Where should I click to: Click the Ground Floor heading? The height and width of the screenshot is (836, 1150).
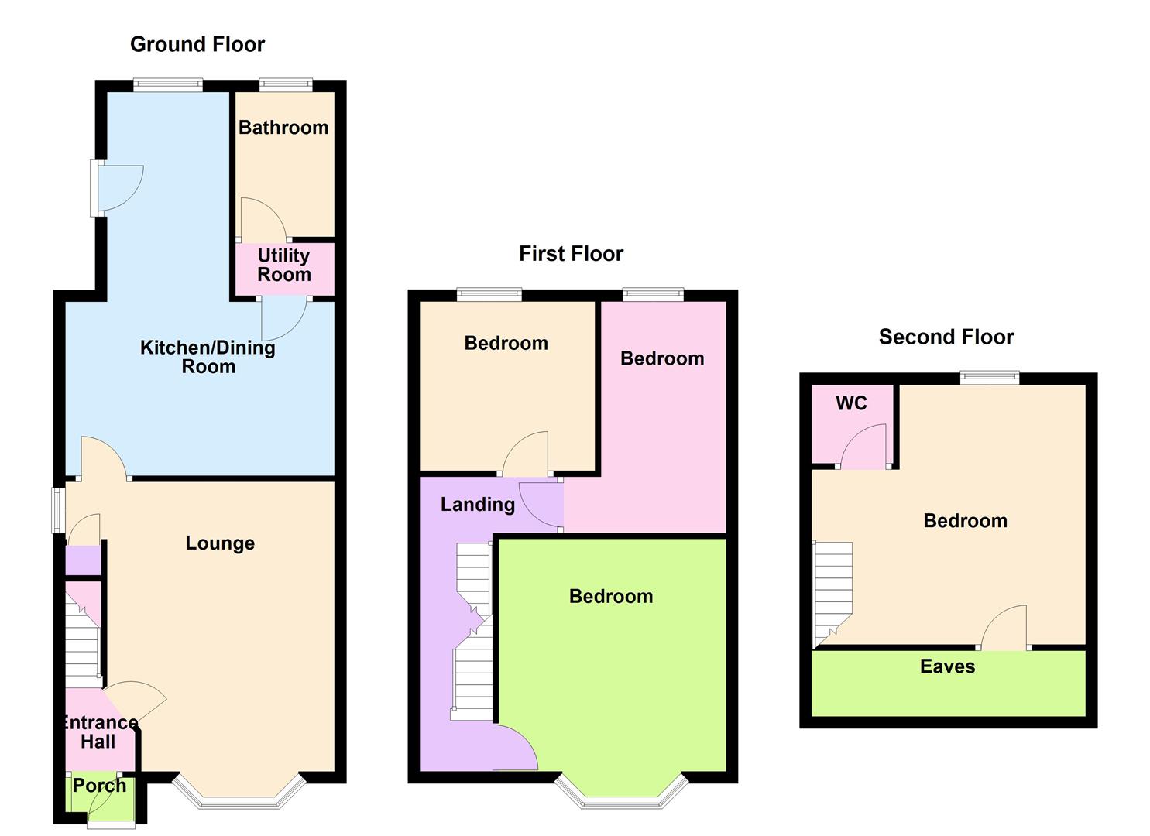(197, 45)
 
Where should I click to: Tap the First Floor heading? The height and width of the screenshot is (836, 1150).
(571, 254)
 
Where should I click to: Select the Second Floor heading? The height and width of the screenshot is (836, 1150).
(946, 337)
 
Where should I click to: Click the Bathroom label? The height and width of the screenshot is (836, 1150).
(283, 128)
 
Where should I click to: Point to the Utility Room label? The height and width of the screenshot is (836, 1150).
(284, 265)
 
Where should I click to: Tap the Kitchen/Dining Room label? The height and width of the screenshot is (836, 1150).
(208, 357)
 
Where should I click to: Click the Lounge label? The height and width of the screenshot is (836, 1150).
(220, 543)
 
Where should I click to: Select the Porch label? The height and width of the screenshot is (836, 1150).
(99, 786)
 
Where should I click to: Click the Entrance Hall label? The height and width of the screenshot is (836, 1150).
(98, 732)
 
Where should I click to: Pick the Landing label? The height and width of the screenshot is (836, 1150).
(478, 505)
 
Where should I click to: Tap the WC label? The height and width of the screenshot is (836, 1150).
(851, 403)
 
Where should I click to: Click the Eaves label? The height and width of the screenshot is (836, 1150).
(947, 667)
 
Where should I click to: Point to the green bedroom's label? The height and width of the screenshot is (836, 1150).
(611, 597)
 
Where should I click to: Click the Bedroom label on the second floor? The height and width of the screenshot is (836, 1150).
(965, 521)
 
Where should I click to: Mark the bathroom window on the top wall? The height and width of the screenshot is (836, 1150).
(286, 84)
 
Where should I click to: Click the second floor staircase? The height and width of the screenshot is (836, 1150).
(832, 592)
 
